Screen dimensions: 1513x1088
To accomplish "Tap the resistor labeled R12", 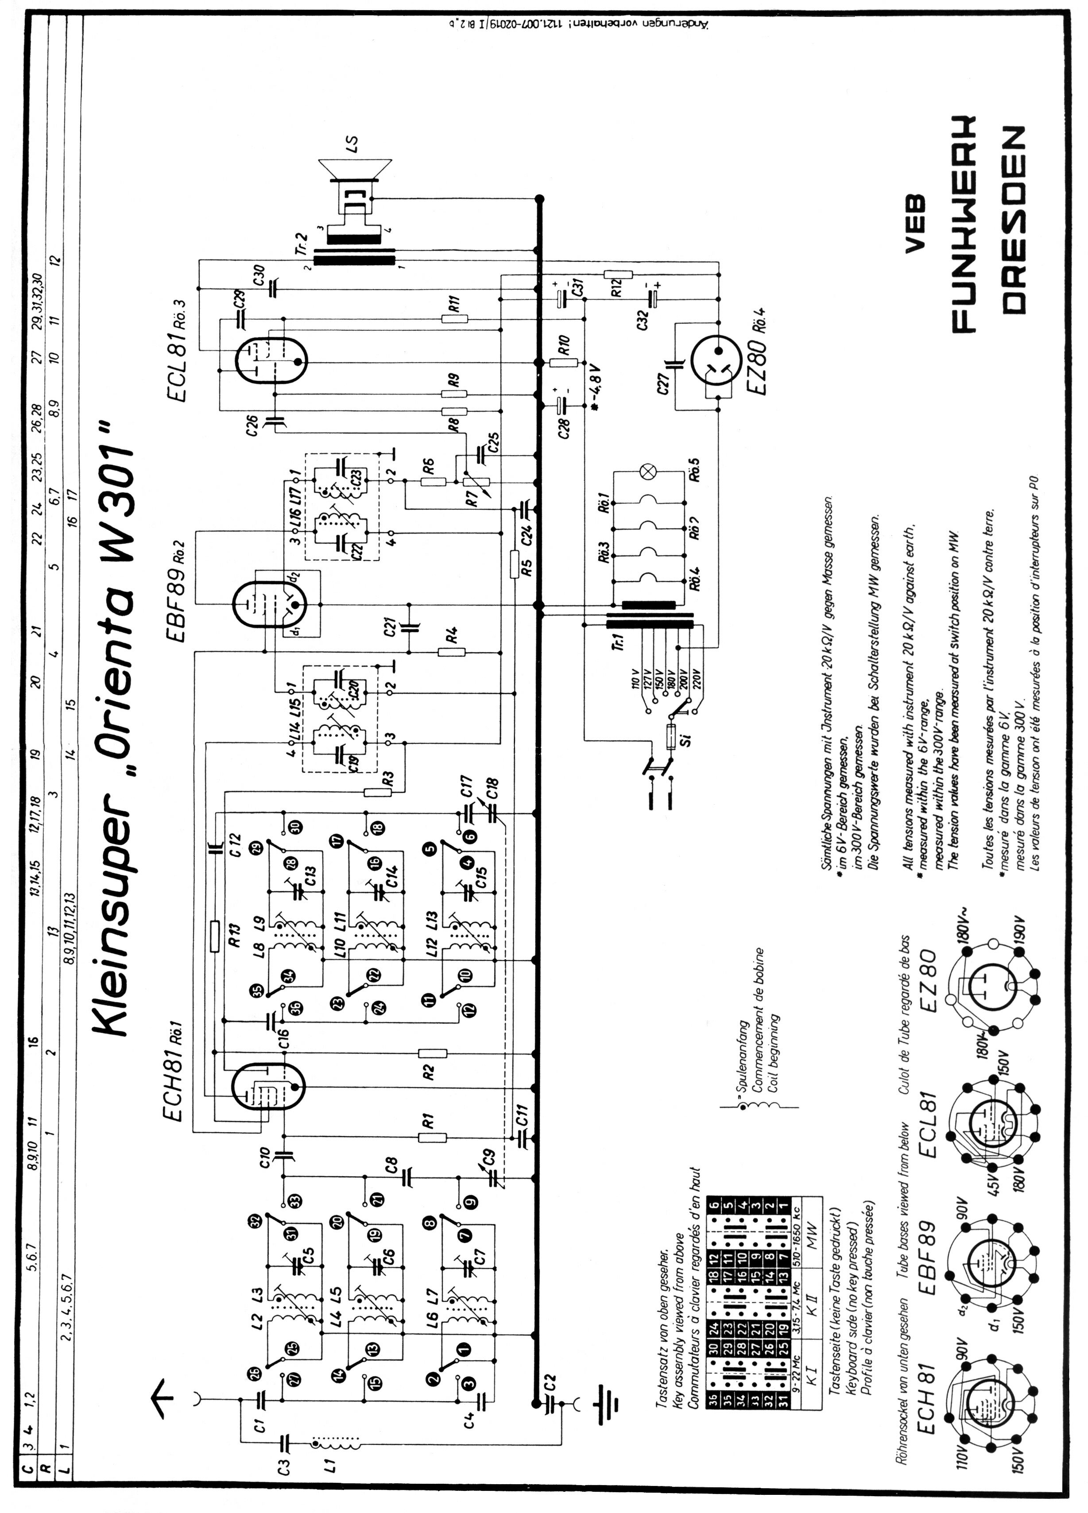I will (618, 274).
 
